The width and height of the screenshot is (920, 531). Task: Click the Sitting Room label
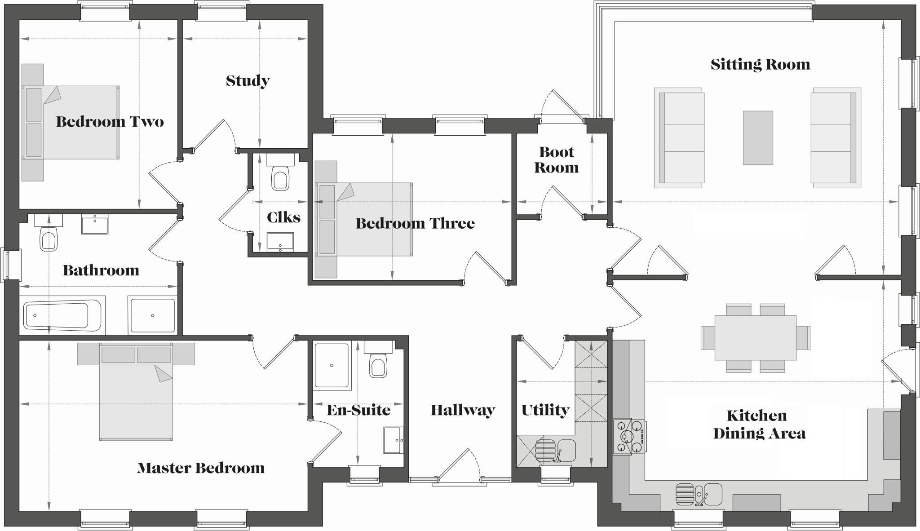click(x=760, y=65)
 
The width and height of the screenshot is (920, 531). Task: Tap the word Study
click(x=248, y=81)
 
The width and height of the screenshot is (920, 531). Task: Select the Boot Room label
click(x=556, y=160)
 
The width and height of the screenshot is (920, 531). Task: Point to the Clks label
click(x=283, y=217)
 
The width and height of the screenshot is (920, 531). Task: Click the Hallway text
click(x=463, y=410)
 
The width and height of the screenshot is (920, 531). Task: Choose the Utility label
click(x=545, y=410)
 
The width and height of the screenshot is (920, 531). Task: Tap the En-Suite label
click(x=358, y=410)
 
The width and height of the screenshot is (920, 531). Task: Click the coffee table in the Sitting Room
click(x=758, y=137)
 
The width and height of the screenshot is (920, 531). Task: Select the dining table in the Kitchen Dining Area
click(x=755, y=337)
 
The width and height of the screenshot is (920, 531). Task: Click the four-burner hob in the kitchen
click(x=628, y=436)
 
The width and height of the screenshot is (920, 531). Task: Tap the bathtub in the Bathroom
click(x=62, y=315)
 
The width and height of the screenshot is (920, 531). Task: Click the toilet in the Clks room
click(x=279, y=178)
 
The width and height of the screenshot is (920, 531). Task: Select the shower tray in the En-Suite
click(x=332, y=365)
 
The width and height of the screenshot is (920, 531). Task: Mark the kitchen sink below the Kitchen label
click(x=712, y=494)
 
